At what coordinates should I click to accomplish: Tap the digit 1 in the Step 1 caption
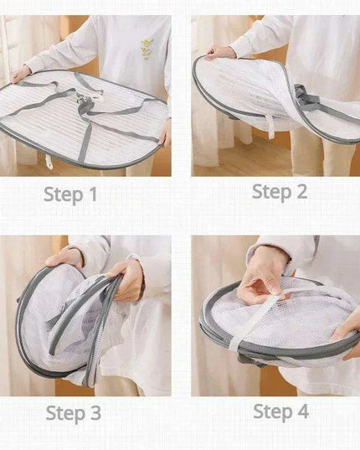pos(93,194)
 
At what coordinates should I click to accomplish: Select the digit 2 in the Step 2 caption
pos(301,191)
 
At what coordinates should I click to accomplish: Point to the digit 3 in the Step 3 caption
pos(95,413)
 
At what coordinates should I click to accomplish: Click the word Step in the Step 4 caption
pos(273,412)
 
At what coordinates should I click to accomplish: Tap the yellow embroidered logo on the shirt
pos(147,49)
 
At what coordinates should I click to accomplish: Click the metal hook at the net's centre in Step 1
pos(80,98)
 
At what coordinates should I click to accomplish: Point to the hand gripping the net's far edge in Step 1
pos(21,74)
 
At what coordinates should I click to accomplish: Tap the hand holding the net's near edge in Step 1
pos(166,134)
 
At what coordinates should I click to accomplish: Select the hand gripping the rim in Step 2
pos(220,53)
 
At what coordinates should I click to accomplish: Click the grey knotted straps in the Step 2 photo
pos(306,96)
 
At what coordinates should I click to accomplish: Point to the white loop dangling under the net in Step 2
pos(270,127)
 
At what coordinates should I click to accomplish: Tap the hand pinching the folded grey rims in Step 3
pos(126,280)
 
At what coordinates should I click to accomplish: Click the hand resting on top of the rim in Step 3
pos(64,257)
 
